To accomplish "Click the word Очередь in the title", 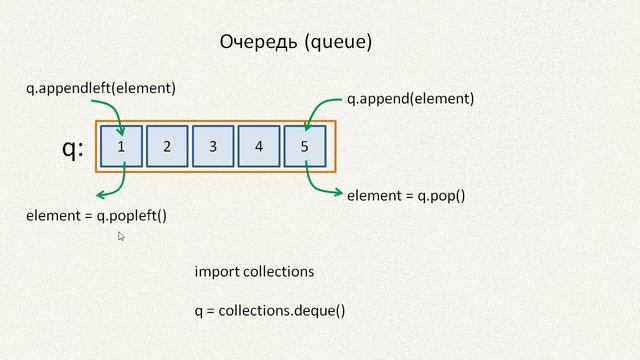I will click(x=252, y=42).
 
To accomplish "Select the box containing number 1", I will click(x=121, y=147).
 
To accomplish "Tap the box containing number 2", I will click(x=167, y=147).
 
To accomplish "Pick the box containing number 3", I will click(x=213, y=147).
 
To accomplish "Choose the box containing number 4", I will click(x=259, y=147).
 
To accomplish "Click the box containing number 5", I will click(x=305, y=147).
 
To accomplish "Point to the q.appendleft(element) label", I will click(x=101, y=88).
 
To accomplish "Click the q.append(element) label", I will click(x=410, y=99).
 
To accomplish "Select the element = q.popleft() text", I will click(x=96, y=215).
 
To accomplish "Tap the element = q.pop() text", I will click(x=406, y=196).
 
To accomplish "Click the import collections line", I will click(x=254, y=271).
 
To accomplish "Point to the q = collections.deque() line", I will click(x=270, y=310).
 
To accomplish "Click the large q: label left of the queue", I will click(x=73, y=149).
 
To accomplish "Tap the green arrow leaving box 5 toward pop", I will click(x=320, y=185).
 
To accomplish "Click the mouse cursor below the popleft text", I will click(x=121, y=237).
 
